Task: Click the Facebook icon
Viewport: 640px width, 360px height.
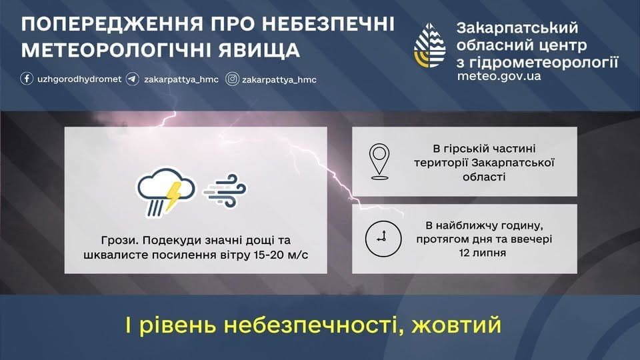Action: point(27,79)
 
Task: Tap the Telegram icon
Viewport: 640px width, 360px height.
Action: point(132,79)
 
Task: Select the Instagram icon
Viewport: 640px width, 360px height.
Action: point(232,79)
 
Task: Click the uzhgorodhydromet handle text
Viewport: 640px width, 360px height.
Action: point(79,79)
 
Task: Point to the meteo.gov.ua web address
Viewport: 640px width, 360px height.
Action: point(499,76)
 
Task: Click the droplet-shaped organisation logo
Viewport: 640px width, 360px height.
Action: point(430,45)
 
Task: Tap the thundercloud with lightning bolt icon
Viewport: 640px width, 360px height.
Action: point(166,192)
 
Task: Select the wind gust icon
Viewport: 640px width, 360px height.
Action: point(225,191)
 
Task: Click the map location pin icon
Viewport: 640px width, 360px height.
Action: point(379,161)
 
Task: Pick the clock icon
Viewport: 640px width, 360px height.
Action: point(383,239)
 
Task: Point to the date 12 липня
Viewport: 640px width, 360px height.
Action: point(483,253)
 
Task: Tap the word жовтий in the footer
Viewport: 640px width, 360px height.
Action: point(456,325)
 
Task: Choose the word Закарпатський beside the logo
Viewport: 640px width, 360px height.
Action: point(517,28)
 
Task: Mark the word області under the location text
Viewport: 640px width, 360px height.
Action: point(484,177)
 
